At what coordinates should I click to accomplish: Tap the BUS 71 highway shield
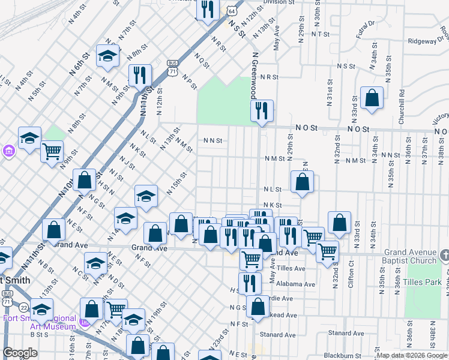172,67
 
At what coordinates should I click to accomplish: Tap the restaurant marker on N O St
262,110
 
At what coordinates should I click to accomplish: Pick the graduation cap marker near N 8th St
107,56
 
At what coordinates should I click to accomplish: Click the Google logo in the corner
20,353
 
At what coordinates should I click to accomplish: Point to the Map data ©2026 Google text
412,355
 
